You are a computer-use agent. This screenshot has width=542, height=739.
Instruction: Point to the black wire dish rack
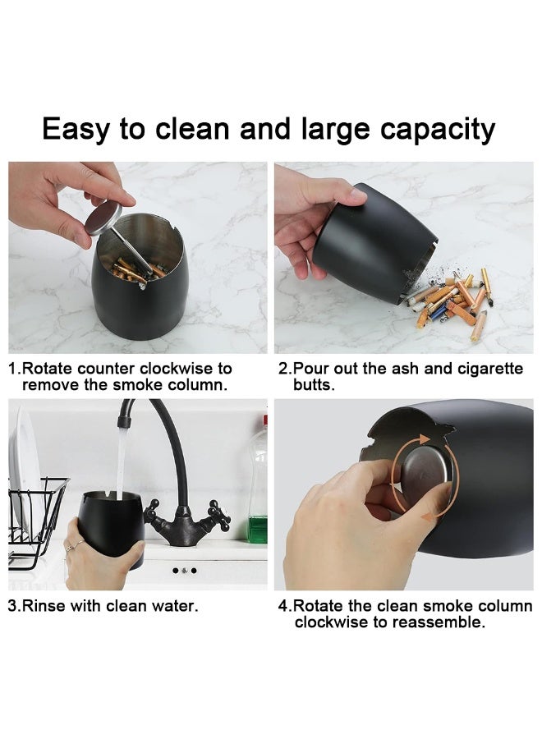coord(37,517)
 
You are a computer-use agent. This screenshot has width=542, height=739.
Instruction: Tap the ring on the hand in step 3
coord(74,545)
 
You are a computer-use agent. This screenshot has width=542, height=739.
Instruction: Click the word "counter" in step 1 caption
coord(105,369)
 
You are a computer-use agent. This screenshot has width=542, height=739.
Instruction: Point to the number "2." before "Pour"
coord(285,369)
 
